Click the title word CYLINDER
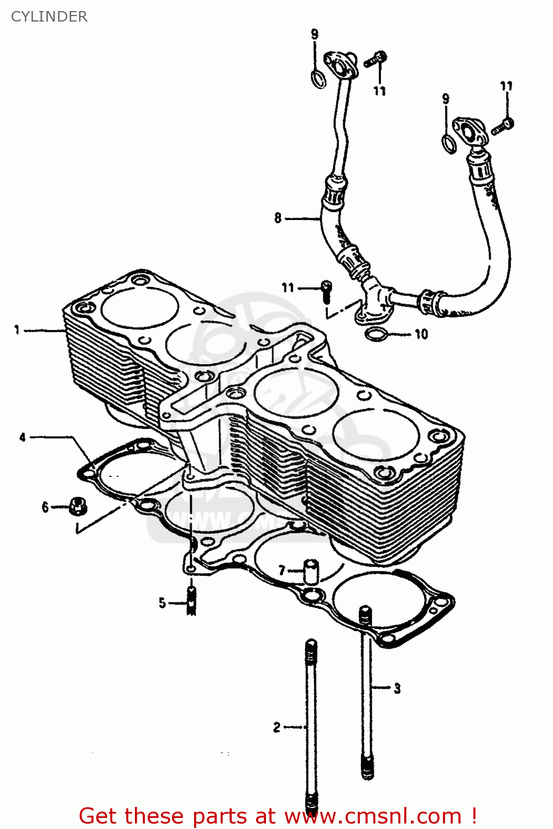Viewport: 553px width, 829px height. click(49, 17)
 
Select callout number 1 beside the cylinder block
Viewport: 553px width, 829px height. click(17, 330)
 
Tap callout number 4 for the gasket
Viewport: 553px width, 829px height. click(23, 437)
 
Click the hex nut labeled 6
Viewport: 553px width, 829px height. click(77, 505)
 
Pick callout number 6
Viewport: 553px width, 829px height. click(45, 507)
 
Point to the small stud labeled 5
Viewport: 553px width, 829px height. click(191, 601)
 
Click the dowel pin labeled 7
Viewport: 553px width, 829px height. click(312, 571)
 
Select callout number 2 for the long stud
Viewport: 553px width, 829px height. click(276, 727)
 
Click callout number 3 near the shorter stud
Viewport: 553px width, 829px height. click(397, 689)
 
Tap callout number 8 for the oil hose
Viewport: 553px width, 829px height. click(278, 218)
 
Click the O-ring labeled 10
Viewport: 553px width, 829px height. click(377, 334)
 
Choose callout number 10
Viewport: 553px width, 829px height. click(421, 334)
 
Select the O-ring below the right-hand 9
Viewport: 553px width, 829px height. click(449, 143)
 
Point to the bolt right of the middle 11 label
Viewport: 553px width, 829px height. click(326, 291)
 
